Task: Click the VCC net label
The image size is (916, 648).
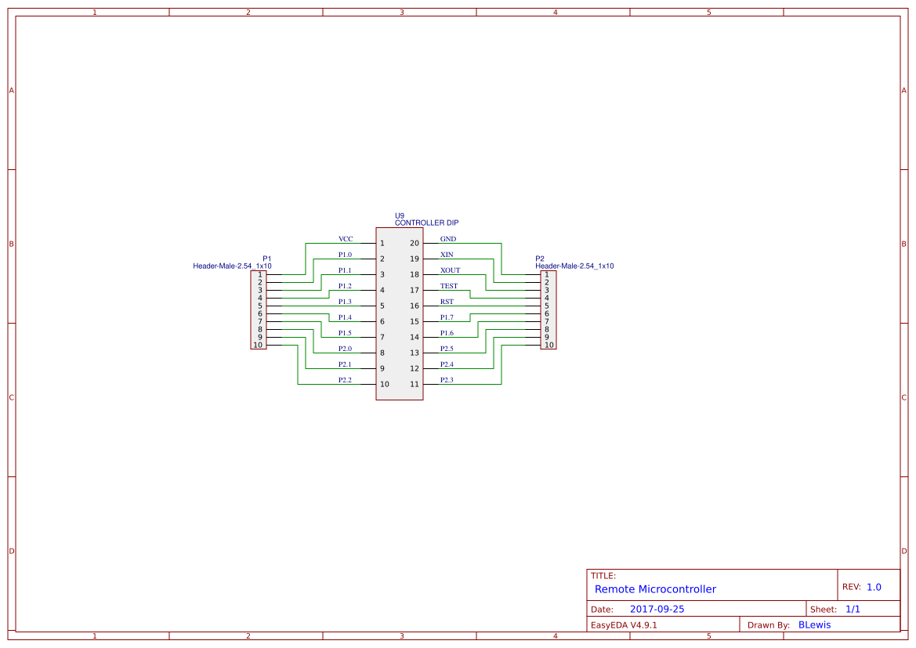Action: pos(346,239)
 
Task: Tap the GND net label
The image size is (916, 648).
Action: pos(448,239)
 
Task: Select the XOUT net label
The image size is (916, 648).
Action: pos(451,270)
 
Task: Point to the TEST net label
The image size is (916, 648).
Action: pos(449,286)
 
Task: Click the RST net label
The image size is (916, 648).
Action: pos(447,302)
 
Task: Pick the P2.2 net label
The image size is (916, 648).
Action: pos(345,380)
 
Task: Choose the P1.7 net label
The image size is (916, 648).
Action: pos(447,317)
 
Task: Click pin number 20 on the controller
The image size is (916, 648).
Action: pos(415,244)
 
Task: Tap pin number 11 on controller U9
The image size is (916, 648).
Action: pos(415,385)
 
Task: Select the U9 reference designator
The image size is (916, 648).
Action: pos(400,215)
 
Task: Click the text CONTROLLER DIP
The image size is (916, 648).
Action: pos(426,223)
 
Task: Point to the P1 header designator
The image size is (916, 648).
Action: pos(267,259)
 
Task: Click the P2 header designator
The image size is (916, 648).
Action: pos(540,259)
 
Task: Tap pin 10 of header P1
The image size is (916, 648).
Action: pos(258,345)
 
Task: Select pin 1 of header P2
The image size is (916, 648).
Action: pos(547,274)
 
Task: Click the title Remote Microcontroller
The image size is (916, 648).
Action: pos(655,589)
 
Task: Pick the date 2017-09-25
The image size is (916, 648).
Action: pos(657,609)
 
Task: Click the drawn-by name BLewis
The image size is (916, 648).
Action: pos(814,625)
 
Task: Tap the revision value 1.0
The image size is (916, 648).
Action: pos(874,587)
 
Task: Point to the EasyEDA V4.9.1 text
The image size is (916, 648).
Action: pos(624,625)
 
